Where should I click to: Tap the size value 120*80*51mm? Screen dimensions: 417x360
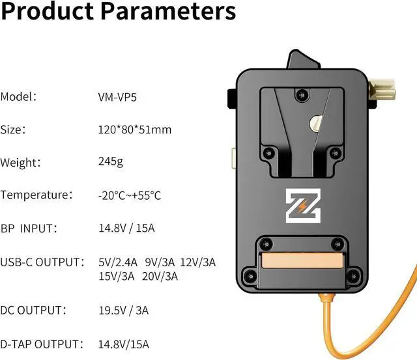pyautogui.click(x=134, y=130)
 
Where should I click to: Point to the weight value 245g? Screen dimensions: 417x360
pyautogui.click(x=109, y=161)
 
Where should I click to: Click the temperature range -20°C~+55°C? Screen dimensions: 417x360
pyautogui.click(x=129, y=195)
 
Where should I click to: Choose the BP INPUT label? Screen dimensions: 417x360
pyautogui.click(x=29, y=228)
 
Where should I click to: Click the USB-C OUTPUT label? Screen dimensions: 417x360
pyautogui.click(x=40, y=262)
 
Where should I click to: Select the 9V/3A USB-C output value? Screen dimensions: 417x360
pyautogui.click(x=160, y=262)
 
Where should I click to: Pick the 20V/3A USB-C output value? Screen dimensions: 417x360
pyautogui.click(x=160, y=276)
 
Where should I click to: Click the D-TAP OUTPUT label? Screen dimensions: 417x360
pyautogui.click(x=41, y=344)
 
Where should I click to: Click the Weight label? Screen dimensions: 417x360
pyautogui.click(x=19, y=162)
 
